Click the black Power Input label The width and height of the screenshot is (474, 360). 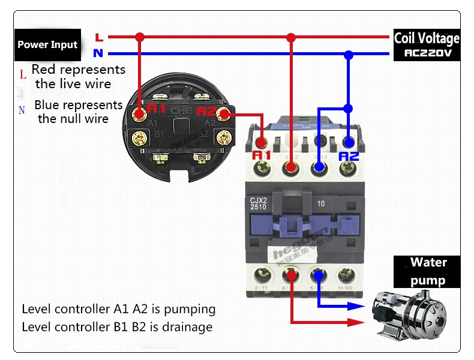pos(47,45)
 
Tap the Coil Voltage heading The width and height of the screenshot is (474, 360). pos(427,38)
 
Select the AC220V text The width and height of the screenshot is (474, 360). pos(427,53)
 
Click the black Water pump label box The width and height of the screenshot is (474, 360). pos(428,271)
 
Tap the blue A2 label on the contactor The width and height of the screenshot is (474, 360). pos(349,156)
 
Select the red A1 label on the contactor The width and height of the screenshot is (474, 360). pos(262,155)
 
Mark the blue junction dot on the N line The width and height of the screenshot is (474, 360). pos(348,55)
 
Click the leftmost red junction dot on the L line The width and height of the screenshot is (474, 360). pos(140,37)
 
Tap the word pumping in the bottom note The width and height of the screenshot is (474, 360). pos(190,310)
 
